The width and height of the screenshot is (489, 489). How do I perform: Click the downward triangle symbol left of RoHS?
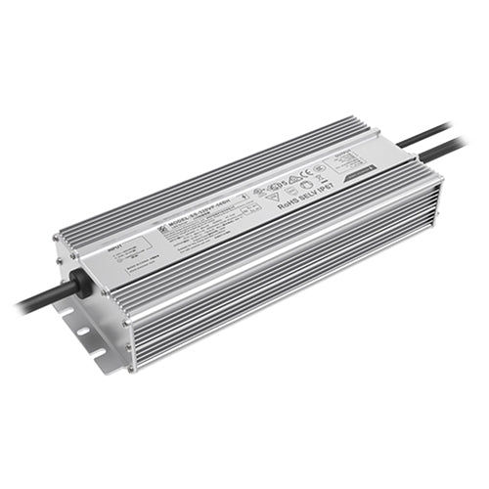coord(270,200)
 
